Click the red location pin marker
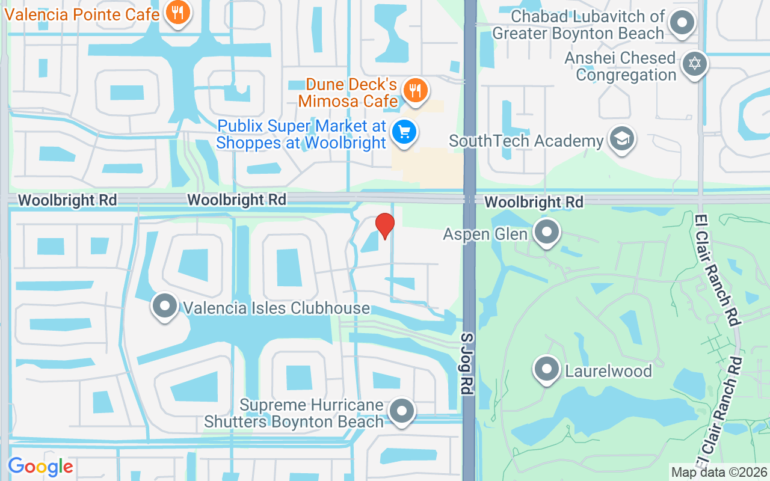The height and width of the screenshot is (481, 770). pos(385,225)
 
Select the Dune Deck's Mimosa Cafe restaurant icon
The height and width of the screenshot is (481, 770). pos(414,90)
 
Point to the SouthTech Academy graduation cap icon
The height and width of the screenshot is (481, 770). pos(621,139)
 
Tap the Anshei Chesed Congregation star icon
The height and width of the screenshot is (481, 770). pos(695,64)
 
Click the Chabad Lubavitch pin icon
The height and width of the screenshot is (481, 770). pos(682,24)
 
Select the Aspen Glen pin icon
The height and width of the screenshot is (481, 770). pos(547,232)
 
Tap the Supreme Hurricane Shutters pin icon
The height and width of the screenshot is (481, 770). pos(402,412)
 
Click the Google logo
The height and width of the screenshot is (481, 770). pos(40,467)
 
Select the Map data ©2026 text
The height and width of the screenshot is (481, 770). pos(719,473)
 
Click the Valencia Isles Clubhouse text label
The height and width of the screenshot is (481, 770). pos(276,308)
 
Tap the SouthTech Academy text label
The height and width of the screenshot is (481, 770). pos(526,141)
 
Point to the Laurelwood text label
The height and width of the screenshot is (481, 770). pos(608,370)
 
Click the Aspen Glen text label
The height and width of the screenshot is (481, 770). pos(485,233)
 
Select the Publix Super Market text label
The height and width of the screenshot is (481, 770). pos(301,134)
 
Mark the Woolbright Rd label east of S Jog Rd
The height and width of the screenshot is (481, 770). pos(534,202)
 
